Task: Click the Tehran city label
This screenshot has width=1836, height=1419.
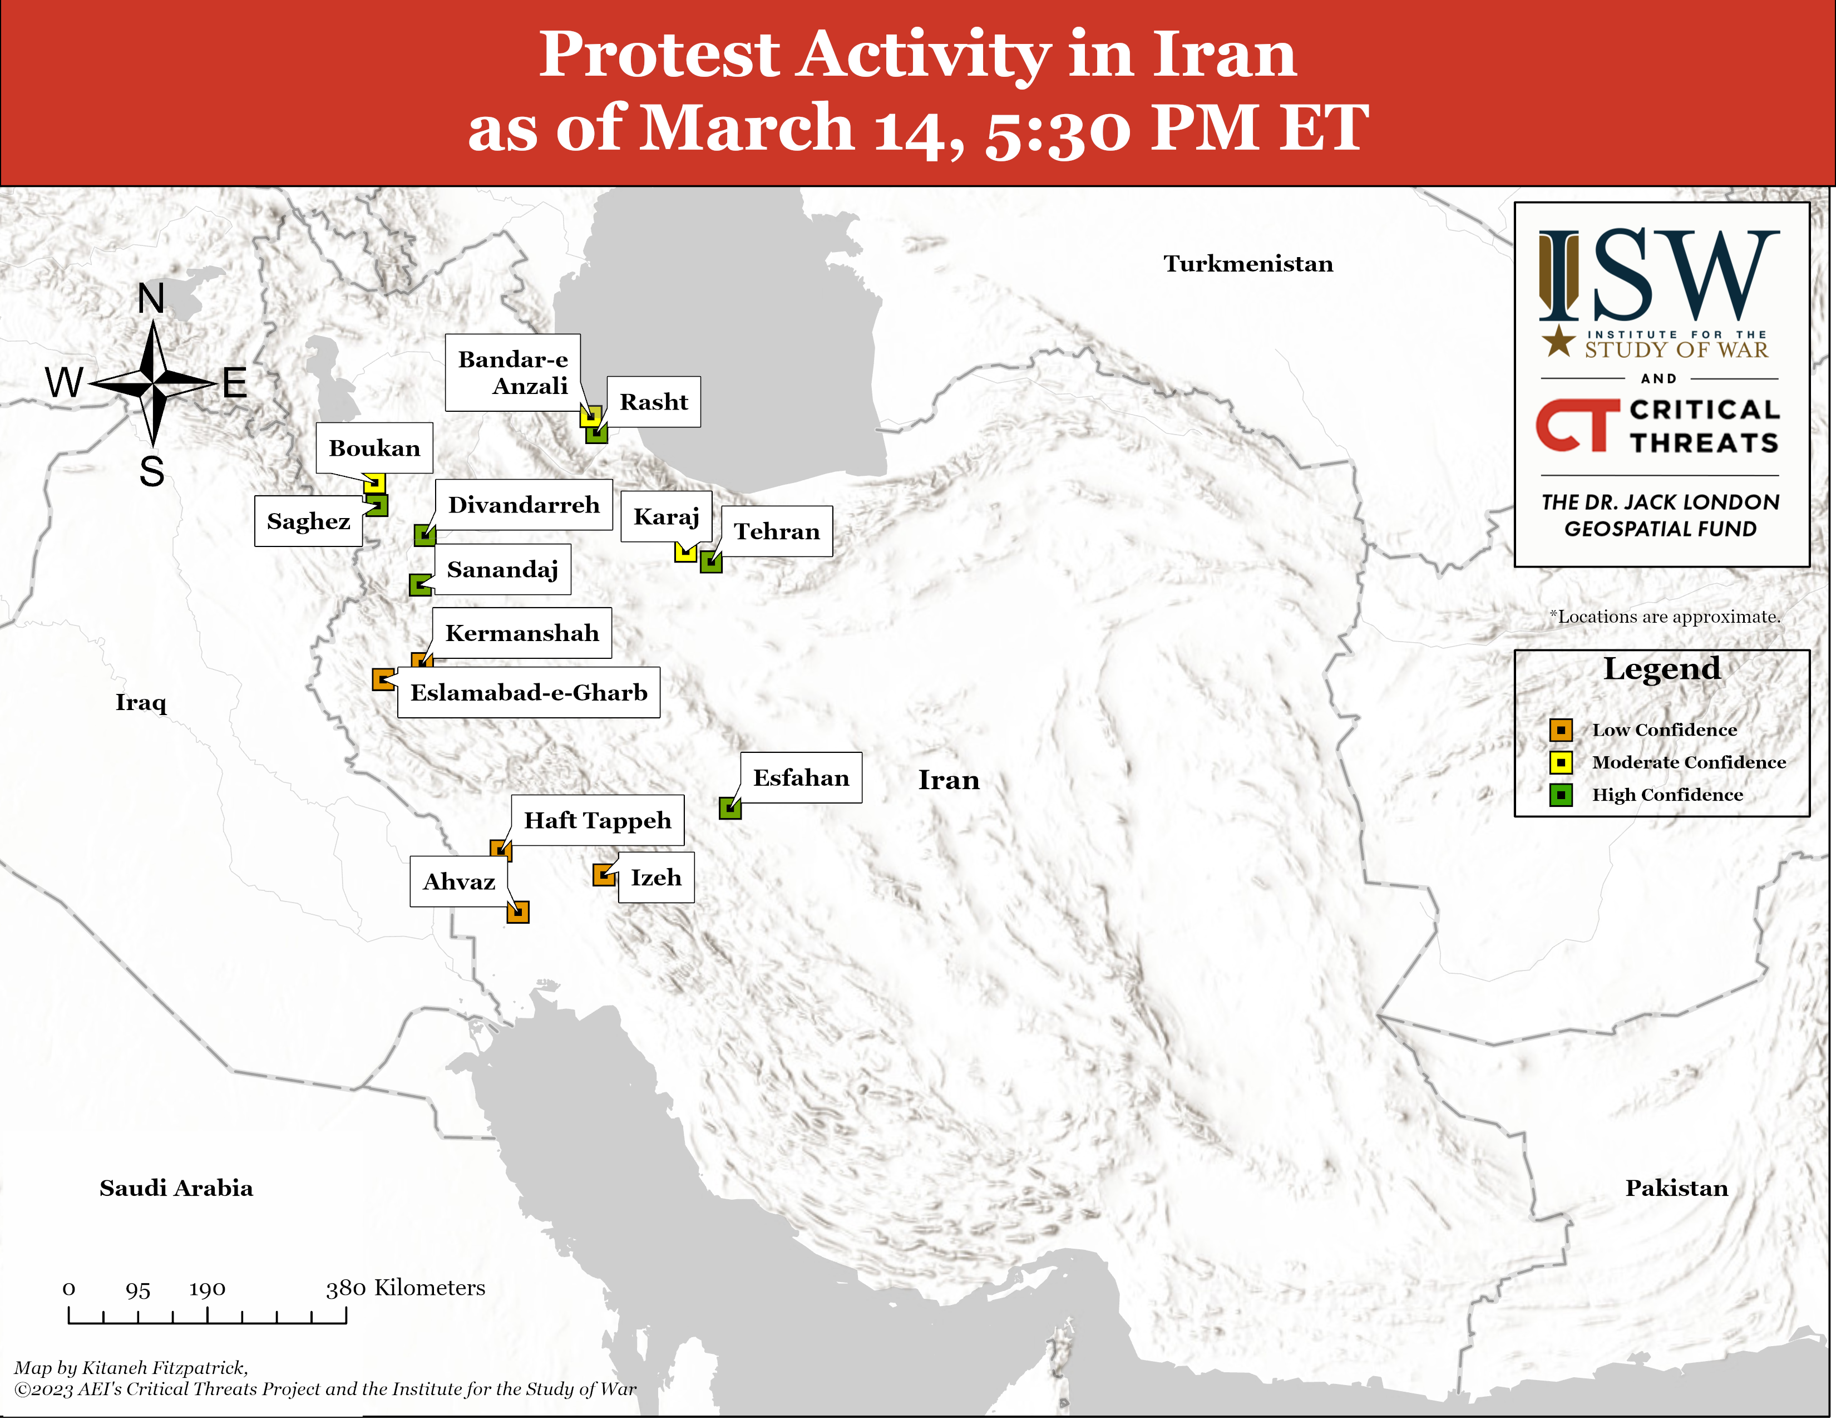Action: (776, 531)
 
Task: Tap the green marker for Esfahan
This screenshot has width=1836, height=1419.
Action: (730, 809)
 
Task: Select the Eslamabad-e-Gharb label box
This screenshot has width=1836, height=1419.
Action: (529, 693)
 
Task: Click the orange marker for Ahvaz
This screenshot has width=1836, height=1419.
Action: (518, 912)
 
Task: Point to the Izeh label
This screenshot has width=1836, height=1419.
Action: (656, 878)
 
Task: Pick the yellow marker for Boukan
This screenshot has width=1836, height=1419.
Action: (374, 484)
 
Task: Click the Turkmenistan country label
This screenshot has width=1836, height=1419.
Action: (1247, 264)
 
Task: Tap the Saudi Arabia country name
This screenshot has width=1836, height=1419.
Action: (176, 1188)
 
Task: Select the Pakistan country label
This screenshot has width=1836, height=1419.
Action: (1676, 1188)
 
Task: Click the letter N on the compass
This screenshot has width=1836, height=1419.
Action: (151, 298)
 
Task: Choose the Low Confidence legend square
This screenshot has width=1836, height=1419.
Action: (1561, 730)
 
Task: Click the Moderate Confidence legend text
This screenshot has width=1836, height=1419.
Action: (1688, 762)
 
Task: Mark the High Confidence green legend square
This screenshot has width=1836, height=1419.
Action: (1561, 795)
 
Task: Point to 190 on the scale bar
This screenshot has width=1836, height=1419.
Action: (207, 1289)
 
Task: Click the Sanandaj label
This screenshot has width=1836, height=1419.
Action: (502, 570)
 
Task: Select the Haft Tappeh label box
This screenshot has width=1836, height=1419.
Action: (597, 820)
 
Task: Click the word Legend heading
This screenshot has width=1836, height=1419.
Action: (1661, 669)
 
